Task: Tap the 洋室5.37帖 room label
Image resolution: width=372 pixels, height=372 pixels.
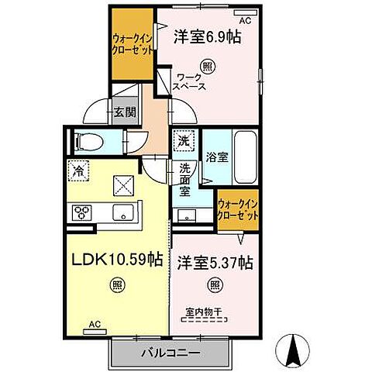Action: pos(213,262)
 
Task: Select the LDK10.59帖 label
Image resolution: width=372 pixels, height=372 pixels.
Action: pos(117,257)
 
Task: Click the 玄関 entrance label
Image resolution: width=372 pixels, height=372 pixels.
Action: pos(127,112)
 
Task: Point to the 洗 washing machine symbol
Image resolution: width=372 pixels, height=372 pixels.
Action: pos(184,142)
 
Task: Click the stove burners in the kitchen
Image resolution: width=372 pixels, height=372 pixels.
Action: pos(83,212)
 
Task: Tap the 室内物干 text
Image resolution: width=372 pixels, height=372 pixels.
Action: pos(203,313)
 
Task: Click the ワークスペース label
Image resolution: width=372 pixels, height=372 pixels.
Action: pos(191,81)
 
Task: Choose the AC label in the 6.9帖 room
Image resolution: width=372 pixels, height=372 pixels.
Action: pos(244,19)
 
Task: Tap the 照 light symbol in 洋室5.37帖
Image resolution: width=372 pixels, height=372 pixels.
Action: pos(215,284)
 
